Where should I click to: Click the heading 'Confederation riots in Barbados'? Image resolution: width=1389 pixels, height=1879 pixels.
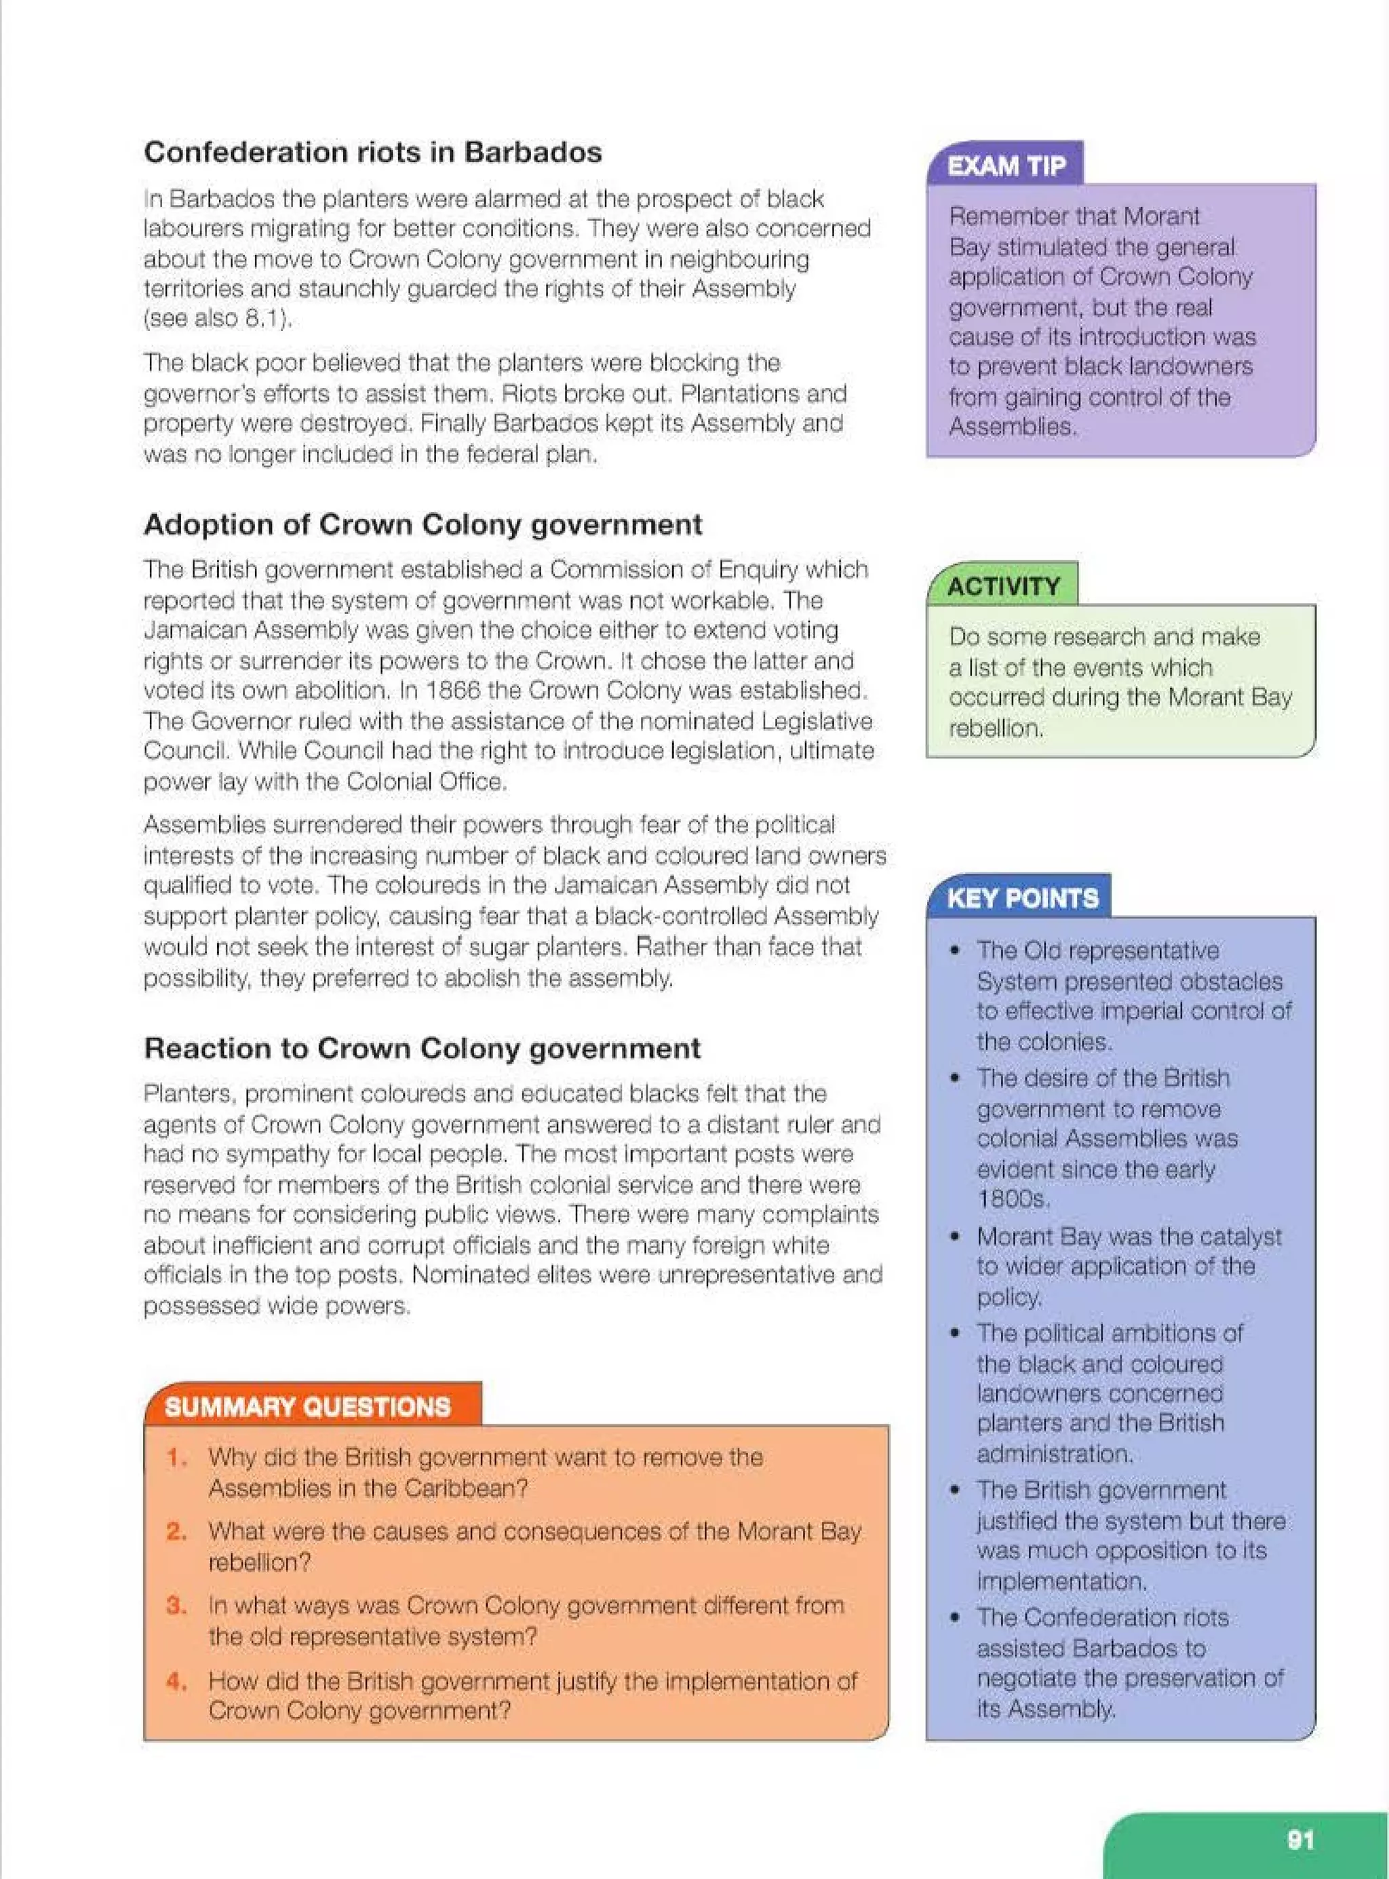pos(372,152)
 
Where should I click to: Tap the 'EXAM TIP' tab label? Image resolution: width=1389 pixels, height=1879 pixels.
pos(1006,166)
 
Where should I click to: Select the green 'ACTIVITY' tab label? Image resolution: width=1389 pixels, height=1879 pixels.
pos(1003,586)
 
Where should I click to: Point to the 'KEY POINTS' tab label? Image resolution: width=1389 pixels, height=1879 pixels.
pos(1021,899)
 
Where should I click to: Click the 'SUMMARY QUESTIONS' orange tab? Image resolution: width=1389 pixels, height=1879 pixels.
pos(308,1406)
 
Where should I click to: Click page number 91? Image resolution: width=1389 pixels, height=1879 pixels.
pos(1300,1840)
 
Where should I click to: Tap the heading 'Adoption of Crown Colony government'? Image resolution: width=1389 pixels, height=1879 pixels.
pos(422,524)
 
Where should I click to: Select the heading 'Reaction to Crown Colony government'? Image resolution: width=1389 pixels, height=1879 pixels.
pos(422,1048)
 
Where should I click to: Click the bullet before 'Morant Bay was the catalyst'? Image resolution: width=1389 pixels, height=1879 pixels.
pos(954,1237)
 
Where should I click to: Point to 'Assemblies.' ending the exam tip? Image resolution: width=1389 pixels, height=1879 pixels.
pos(1011,427)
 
